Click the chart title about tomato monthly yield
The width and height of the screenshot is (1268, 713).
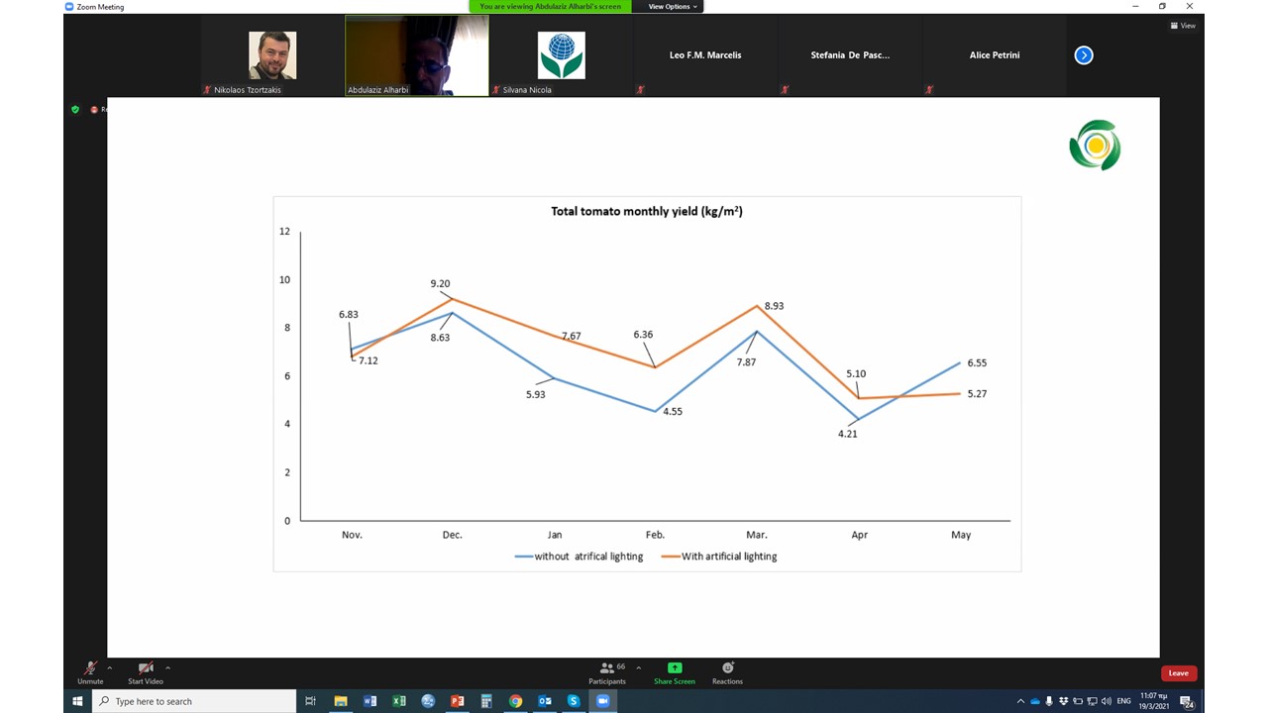coord(647,211)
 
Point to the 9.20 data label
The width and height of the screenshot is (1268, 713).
coord(440,284)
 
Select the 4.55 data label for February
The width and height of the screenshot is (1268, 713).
coord(672,412)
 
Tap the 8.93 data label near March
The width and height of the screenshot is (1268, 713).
coord(774,306)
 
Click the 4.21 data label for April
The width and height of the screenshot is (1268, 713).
coord(847,434)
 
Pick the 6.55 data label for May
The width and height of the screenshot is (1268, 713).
coord(977,363)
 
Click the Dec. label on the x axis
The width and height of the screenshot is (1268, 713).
coord(452,535)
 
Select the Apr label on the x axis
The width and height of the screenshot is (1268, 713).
coord(859,535)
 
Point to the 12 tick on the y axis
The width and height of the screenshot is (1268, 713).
coord(285,232)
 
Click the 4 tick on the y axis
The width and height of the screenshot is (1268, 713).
coord(287,424)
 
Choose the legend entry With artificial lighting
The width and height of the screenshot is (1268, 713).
coord(728,557)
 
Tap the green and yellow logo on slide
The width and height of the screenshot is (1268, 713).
coord(1095,146)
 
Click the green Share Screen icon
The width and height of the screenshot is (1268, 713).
coord(675,668)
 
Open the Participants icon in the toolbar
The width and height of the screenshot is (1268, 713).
coord(607,668)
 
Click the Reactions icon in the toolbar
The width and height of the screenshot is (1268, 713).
coord(727,668)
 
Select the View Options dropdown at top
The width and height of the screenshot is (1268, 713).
coord(673,7)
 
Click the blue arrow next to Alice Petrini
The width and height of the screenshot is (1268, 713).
coord(1084,55)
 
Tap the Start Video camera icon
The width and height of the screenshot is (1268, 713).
coord(146,668)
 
